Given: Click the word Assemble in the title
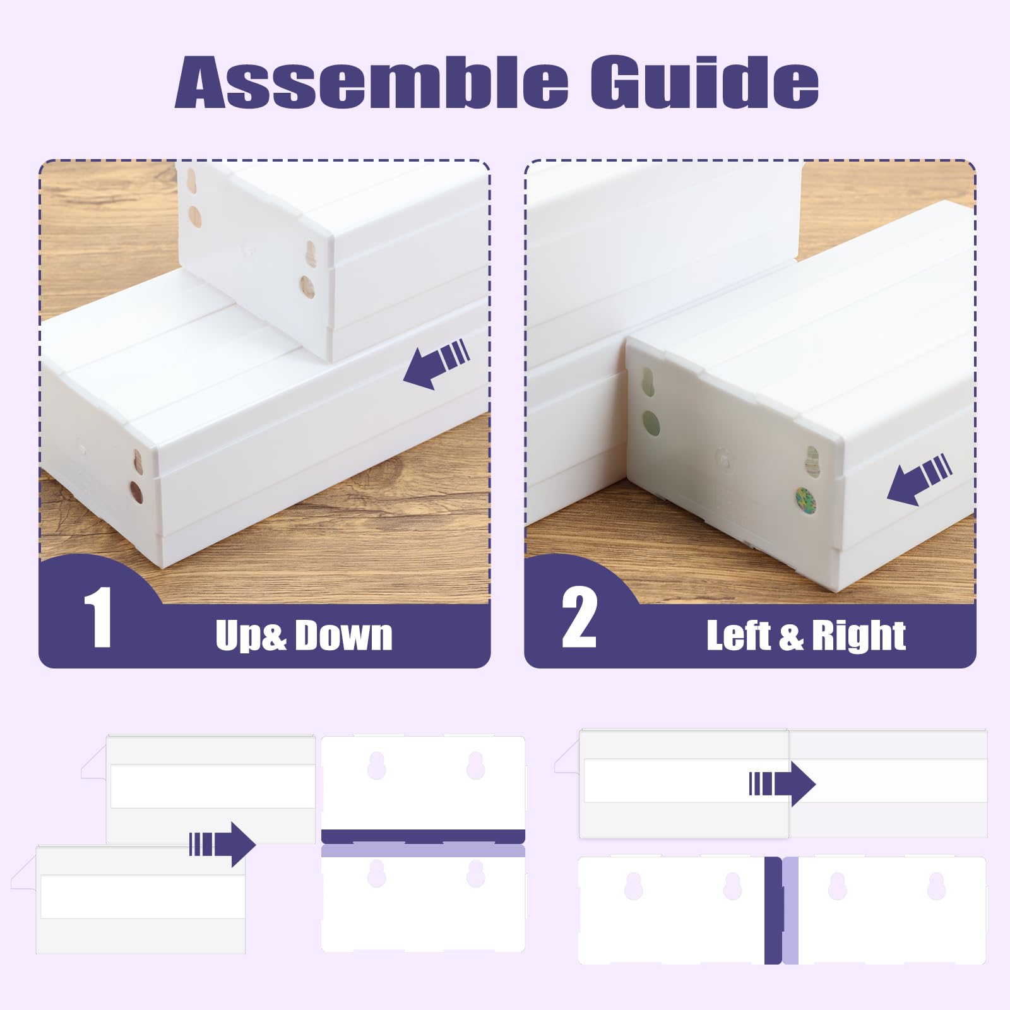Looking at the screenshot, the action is coord(371,82).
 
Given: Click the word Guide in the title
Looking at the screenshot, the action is coord(704,82).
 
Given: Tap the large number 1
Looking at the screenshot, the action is coord(98,617).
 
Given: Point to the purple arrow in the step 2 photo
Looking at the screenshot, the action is coord(919,480).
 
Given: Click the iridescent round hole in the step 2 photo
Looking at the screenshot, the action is coord(805,500).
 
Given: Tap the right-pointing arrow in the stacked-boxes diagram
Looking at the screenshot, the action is coord(222,844).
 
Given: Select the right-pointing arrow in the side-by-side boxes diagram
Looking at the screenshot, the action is coord(782,784).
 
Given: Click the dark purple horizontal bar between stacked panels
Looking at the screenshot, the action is coord(423,836).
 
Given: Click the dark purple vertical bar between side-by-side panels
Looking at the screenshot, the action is coord(773,910).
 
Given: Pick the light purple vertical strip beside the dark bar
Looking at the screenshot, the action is coord(790,910).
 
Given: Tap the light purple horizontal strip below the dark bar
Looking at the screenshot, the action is coord(423,851).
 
